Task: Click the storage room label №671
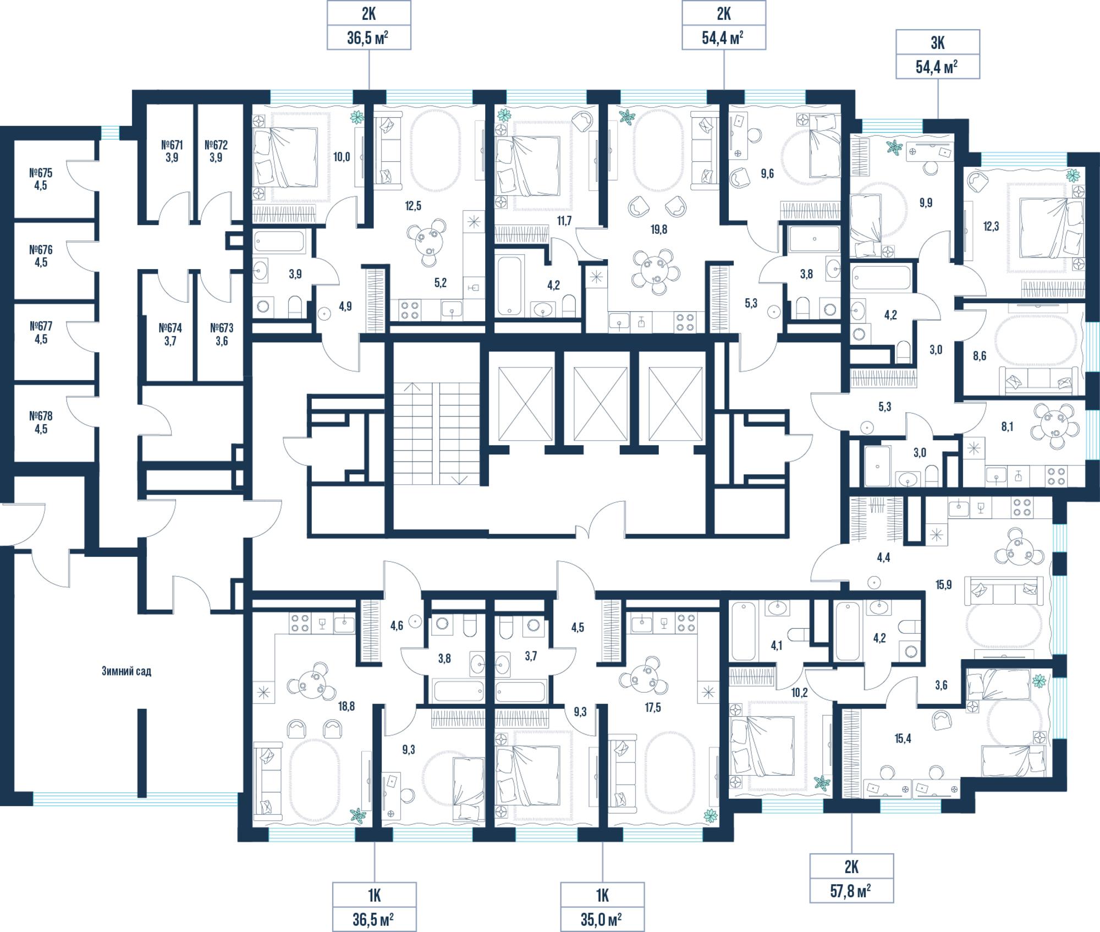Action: [x=172, y=145]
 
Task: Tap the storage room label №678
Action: [x=41, y=416]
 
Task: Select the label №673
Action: [x=222, y=328]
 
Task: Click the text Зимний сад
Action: [x=126, y=671]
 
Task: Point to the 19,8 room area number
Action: [x=658, y=229]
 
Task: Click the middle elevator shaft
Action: [x=601, y=404]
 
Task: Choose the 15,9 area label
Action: [x=943, y=585]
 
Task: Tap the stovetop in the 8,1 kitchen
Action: [x=1056, y=475]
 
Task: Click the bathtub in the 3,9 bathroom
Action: [x=279, y=242]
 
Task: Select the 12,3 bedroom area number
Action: [x=991, y=226]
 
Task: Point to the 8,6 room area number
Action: [x=979, y=356]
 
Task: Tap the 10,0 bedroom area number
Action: [x=342, y=157]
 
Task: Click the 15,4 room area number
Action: [x=903, y=739]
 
